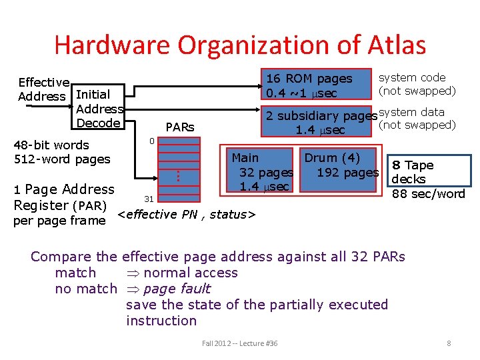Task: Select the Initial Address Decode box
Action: [x=100, y=109]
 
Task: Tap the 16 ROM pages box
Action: [x=309, y=85]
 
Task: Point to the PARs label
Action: [x=179, y=127]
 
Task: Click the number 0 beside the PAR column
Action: [x=151, y=141]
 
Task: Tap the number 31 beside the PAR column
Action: [x=150, y=199]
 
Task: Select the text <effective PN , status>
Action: [x=187, y=214]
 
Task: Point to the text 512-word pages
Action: [x=61, y=159]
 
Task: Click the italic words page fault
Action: [x=177, y=289]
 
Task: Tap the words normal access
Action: [x=190, y=273]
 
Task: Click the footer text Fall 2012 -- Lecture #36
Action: [x=239, y=343]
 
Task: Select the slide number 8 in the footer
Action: [x=449, y=343]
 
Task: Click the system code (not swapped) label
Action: [x=417, y=84]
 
